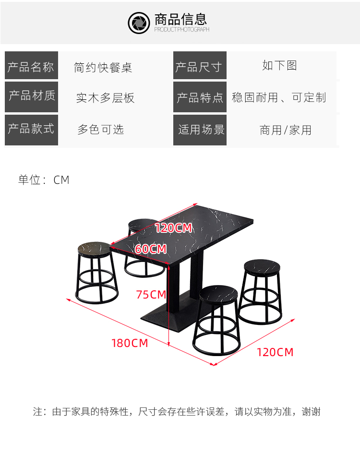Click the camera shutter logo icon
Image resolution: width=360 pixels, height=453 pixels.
pyautogui.click(x=139, y=23)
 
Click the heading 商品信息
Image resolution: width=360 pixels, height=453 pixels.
pyautogui.click(x=180, y=20)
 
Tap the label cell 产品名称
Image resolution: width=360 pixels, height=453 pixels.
pyautogui.click(x=31, y=66)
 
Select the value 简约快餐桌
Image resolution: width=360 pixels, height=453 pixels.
pyautogui.click(x=103, y=67)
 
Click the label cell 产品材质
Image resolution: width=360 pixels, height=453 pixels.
pyautogui.click(x=31, y=96)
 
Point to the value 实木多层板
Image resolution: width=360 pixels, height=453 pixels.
pyautogui.click(x=105, y=98)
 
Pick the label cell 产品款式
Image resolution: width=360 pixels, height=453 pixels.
pyautogui.click(x=31, y=129)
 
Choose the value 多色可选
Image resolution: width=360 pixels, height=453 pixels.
pyautogui.click(x=101, y=129)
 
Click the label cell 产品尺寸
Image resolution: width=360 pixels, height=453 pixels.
pyautogui.click(x=199, y=66)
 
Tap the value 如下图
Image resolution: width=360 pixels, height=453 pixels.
pyautogui.click(x=279, y=65)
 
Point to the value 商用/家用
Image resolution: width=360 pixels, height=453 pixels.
pyautogui.click(x=286, y=130)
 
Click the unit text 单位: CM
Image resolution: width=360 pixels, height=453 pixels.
pyautogui.click(x=44, y=180)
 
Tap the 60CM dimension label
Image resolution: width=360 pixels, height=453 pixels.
pyautogui.click(x=151, y=249)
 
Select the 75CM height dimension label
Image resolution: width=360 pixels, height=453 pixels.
pyautogui.click(x=151, y=294)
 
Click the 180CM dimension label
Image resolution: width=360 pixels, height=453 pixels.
pyautogui.click(x=130, y=343)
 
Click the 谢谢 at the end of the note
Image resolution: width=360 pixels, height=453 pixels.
pyautogui.click(x=311, y=412)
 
